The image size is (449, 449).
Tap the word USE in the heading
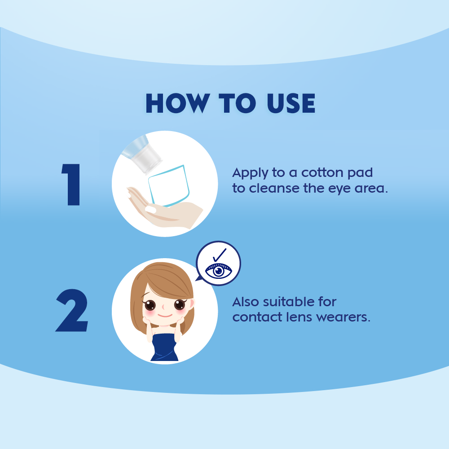point(291,103)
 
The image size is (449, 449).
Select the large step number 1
point(71,185)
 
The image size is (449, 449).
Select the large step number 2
point(71,310)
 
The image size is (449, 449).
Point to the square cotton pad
point(169,185)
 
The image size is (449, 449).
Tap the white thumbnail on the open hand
point(150,209)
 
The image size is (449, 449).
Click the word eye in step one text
point(339,189)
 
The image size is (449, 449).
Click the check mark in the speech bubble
point(220,255)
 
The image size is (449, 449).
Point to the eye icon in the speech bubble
point(219,270)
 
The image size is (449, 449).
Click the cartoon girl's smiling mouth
point(165,316)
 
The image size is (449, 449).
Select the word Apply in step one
point(250,173)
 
